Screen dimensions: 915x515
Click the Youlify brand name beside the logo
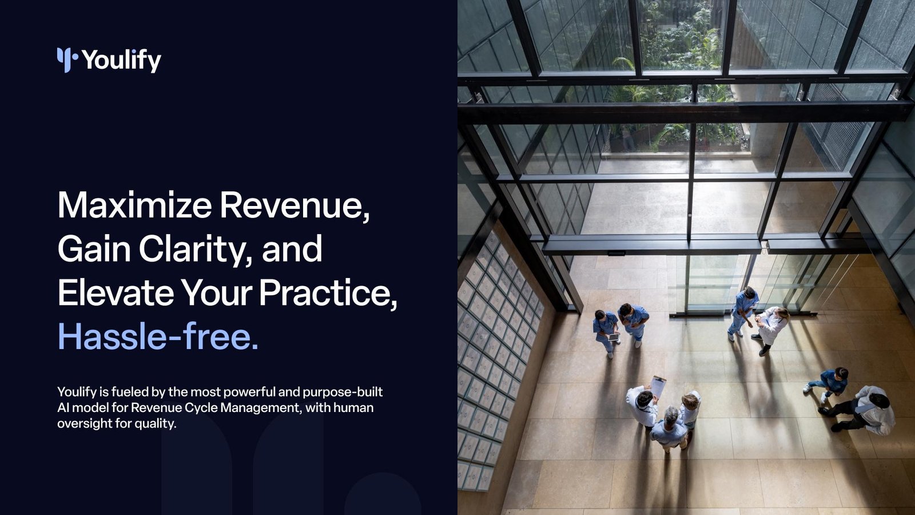122,61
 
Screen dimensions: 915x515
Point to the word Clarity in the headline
195,249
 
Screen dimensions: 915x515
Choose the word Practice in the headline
328,294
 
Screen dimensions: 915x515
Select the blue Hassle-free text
158,337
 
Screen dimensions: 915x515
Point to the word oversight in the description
85,424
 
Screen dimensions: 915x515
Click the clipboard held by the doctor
658,386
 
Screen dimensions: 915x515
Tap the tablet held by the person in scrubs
614,338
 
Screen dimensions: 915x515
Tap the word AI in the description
63,408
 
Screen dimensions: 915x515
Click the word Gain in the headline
94,249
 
